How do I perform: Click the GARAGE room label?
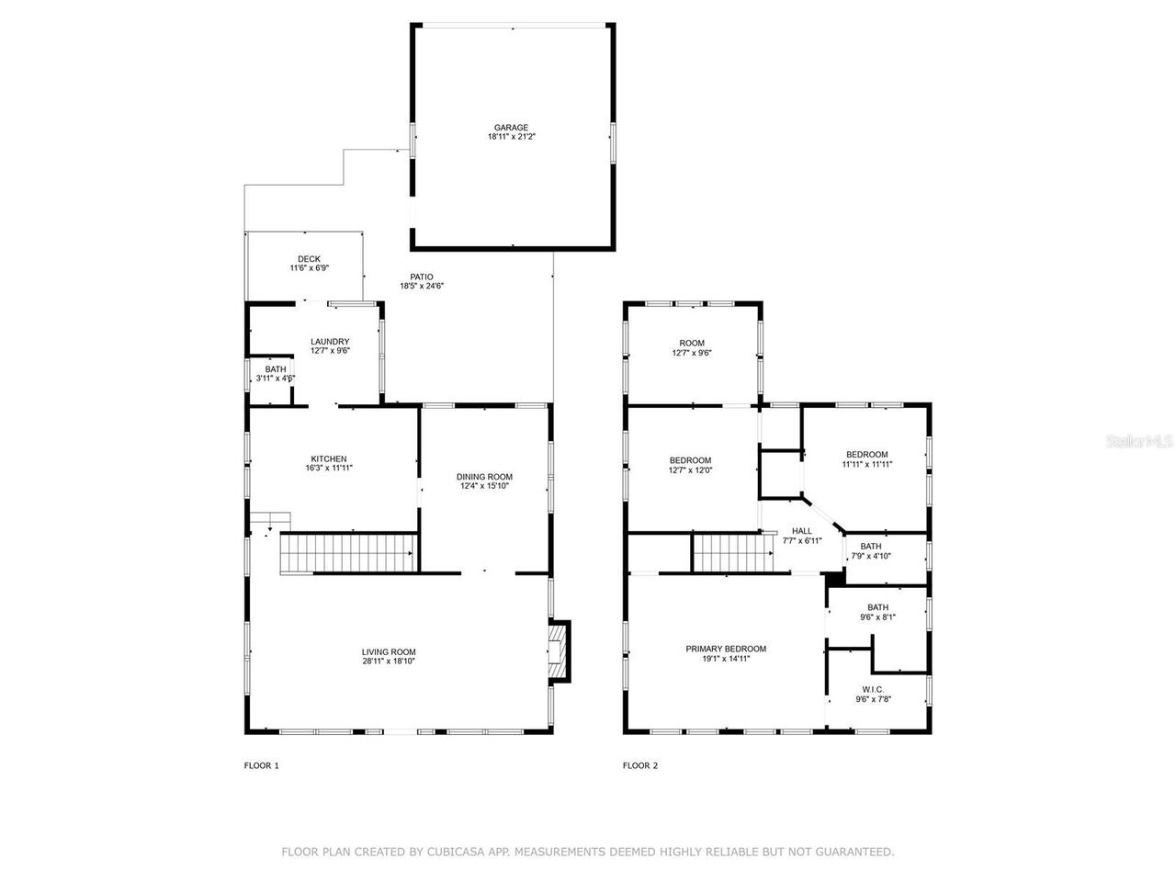pos(511,128)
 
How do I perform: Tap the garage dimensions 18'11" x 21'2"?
pos(511,137)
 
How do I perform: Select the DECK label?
pos(309,259)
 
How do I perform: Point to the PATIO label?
pos(422,277)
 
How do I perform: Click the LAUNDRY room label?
pos(330,342)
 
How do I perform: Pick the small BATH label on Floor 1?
pos(275,369)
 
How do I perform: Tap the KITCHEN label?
pos(329,459)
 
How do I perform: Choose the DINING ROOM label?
pos(484,477)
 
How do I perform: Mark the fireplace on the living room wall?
pos(558,651)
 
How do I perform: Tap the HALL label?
pos(802,531)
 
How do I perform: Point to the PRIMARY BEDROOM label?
pos(726,649)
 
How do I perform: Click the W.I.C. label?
pos(872,689)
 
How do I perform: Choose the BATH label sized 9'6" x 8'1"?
pos(877,607)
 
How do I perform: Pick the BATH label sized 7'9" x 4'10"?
pos(871,547)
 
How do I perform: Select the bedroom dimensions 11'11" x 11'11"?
pos(866,464)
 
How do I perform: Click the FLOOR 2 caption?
pos(640,765)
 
